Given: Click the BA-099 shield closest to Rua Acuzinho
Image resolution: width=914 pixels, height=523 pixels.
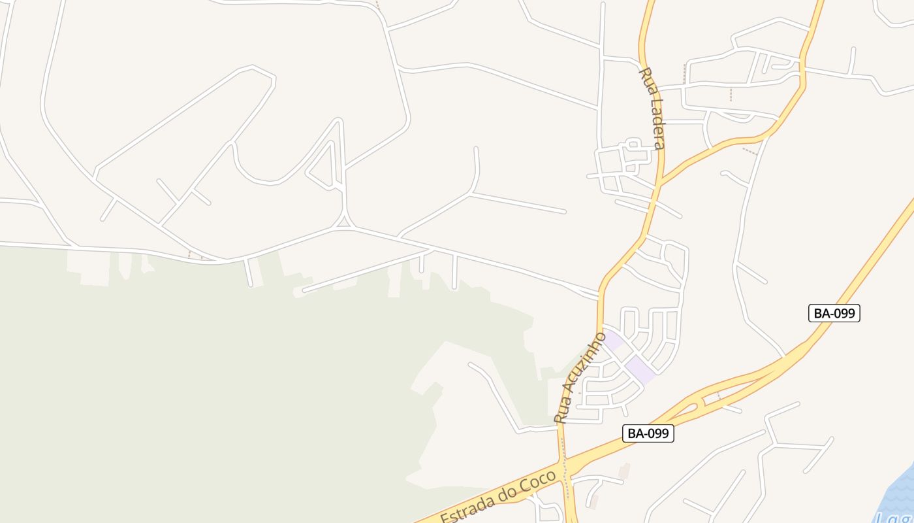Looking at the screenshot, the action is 648,433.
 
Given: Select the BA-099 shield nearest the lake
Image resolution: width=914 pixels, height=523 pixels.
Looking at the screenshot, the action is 834,313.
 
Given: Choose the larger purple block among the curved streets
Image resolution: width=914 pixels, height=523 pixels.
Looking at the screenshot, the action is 640,370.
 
